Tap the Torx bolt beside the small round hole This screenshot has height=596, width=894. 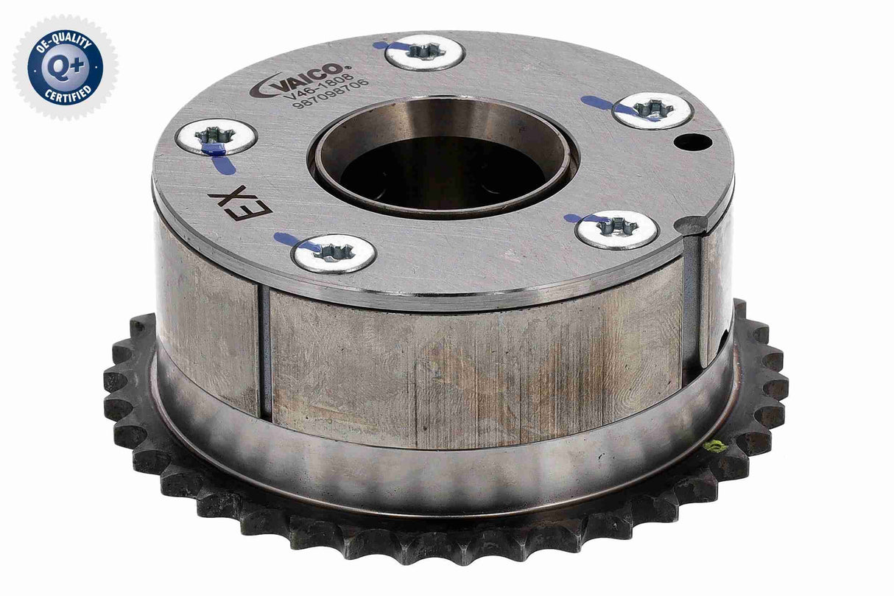[651, 111]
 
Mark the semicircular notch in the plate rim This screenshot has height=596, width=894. [693, 224]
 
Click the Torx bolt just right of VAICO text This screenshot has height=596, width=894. [424, 52]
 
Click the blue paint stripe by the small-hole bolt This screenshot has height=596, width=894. [600, 102]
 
